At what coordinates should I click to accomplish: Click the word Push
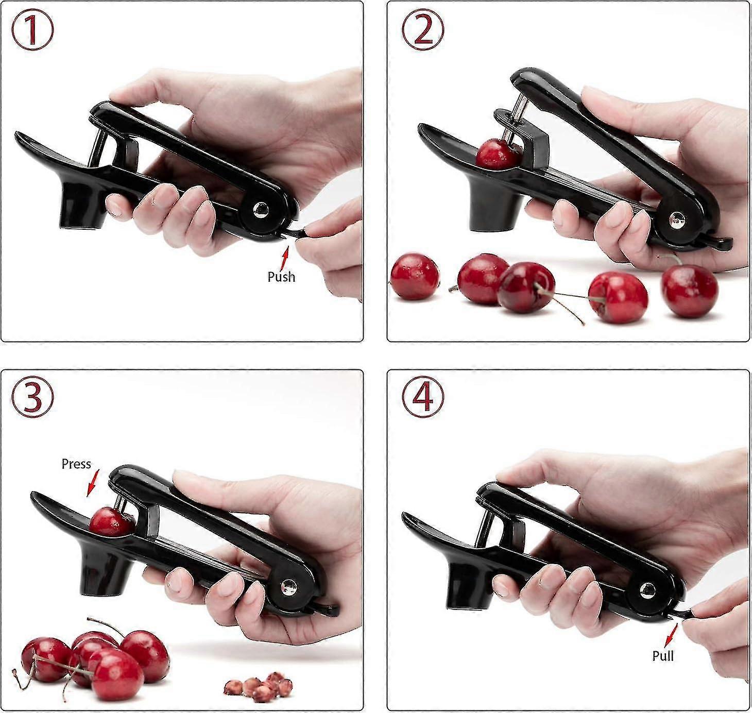click(281, 277)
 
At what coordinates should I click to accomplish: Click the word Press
click(76, 464)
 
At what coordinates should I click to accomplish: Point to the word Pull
click(663, 656)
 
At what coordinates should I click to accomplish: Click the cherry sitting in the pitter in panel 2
click(497, 154)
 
